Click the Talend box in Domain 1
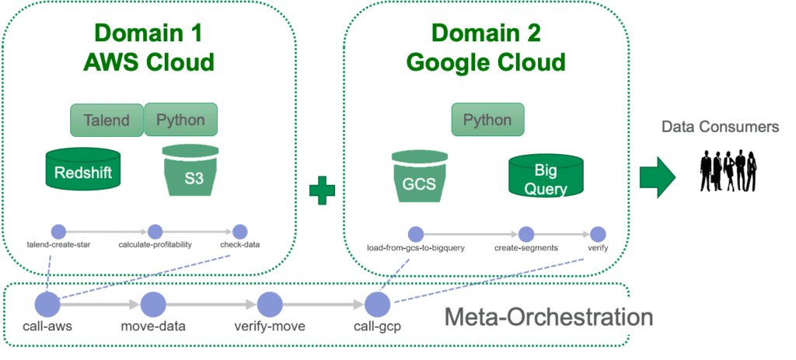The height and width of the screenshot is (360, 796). (x=106, y=121)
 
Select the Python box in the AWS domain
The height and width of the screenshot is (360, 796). (x=180, y=120)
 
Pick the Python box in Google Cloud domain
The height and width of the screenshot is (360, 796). (x=487, y=121)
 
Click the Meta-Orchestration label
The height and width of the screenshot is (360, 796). (x=548, y=316)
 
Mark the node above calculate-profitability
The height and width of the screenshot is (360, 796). (x=155, y=232)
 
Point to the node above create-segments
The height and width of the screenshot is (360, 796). (x=526, y=233)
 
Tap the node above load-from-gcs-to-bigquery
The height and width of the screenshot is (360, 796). (x=415, y=233)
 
